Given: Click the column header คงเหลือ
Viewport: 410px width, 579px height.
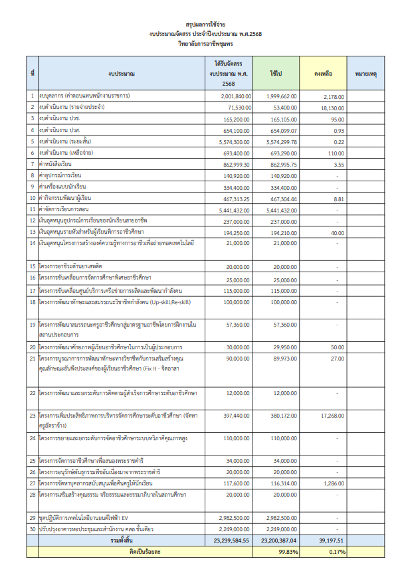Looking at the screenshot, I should (x=323, y=73).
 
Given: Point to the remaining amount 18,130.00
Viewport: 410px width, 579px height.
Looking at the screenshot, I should (x=332, y=108).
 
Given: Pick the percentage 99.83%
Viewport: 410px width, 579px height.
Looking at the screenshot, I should (x=288, y=552).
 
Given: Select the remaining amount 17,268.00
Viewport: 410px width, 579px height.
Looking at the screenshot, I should (x=332, y=416).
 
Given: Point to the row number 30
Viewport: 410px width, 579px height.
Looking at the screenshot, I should (x=31, y=529).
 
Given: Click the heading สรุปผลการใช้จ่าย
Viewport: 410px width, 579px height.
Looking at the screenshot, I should (x=205, y=22).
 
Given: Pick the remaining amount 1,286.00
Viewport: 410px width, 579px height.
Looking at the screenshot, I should (x=333, y=484).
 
